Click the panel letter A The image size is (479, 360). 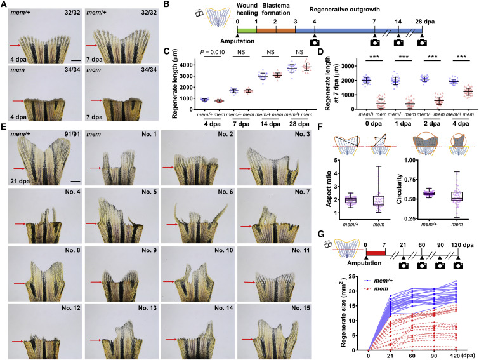[5, 4]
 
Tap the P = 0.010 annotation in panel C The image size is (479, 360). [213, 52]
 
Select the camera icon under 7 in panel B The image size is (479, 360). [375, 42]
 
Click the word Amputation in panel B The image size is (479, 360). [237, 41]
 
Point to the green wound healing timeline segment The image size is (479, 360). [247, 30]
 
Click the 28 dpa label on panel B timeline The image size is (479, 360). [424, 22]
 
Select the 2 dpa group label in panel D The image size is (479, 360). [431, 124]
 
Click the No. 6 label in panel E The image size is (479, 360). [225, 192]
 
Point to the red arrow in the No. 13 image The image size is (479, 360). [95, 340]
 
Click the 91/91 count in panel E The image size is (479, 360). [72, 134]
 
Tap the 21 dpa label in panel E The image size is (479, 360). [20, 181]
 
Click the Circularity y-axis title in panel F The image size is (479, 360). [399, 189]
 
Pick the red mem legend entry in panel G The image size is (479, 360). [376, 289]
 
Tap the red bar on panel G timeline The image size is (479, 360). [376, 253]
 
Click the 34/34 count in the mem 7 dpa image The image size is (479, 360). [148, 70]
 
